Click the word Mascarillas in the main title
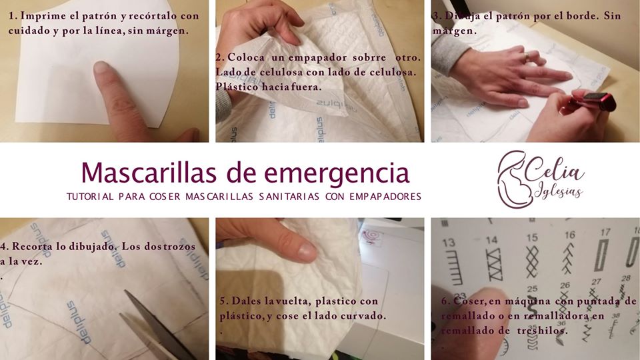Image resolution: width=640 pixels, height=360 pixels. coord(149,172)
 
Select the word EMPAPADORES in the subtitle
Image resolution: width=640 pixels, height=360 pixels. coord(385,197)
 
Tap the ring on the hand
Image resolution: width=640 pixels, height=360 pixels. coord(527,57)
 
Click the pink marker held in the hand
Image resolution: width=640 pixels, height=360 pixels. coord(591,101)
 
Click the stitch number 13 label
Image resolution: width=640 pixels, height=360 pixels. coord(448,243)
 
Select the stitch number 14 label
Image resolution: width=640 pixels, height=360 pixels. coord(492,240)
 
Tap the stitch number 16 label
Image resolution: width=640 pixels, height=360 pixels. coord(570,235)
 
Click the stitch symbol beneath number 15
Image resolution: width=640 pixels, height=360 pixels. coord(532,261)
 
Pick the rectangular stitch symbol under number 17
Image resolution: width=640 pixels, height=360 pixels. coord(601,255)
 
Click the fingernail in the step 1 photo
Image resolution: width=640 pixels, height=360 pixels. coord(101,67)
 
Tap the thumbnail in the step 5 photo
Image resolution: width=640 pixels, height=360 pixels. coord(306,249)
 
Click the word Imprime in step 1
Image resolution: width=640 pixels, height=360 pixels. coord(43,16)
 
